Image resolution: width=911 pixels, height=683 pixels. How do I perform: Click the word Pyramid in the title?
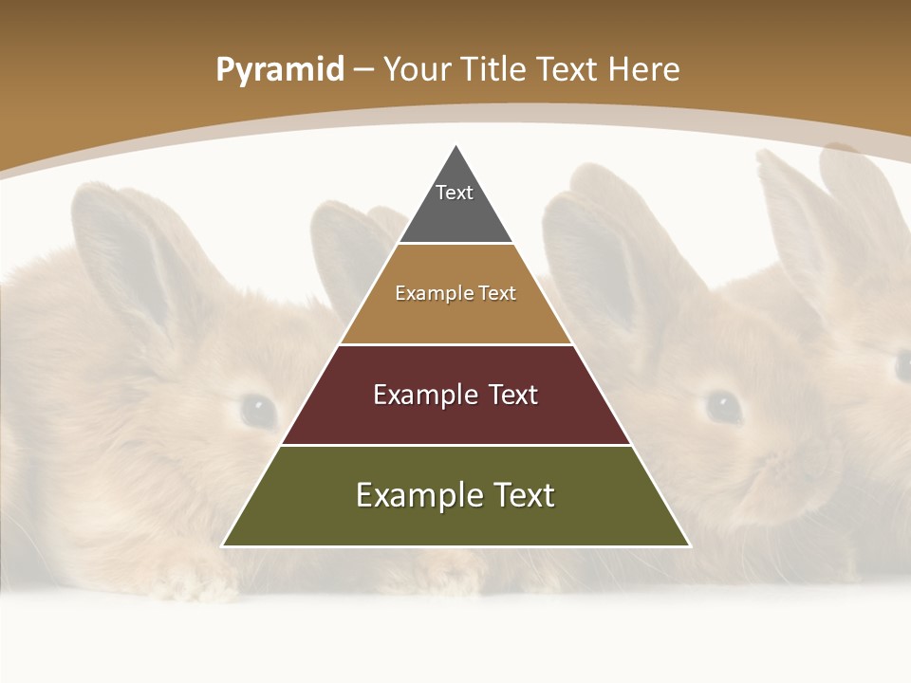coord(279,70)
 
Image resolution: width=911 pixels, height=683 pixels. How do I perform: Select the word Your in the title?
coord(418,69)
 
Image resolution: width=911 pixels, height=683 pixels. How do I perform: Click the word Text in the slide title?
coord(568,69)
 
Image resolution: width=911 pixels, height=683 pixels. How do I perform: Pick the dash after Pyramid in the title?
coord(363,70)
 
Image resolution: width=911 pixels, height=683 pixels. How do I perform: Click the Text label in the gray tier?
coord(455,193)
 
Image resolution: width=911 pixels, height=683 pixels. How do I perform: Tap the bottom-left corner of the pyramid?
coord(224,545)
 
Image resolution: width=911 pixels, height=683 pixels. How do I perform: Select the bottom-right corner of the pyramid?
coord(689,545)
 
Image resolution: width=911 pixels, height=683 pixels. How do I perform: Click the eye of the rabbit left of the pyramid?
coord(257,410)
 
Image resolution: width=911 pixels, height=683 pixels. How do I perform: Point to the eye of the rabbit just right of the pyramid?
coord(724,406)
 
